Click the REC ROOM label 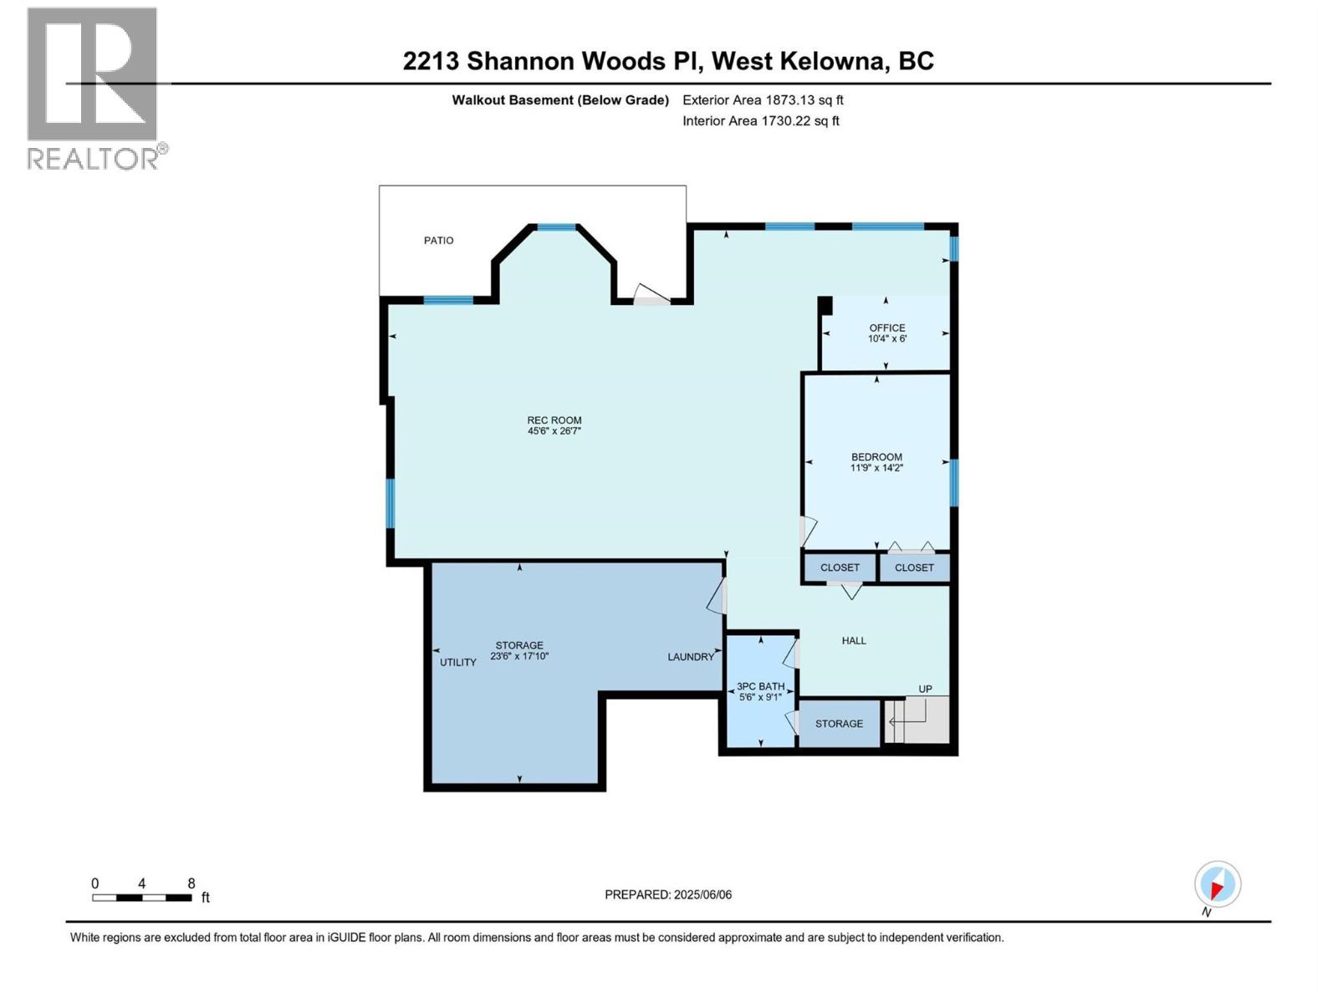click(554, 420)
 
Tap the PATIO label click(438, 241)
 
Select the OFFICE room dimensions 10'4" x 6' click(886, 339)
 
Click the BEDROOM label click(876, 457)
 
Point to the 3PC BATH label click(760, 686)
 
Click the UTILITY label click(457, 662)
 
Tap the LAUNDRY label click(691, 657)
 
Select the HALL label click(854, 641)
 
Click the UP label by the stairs click(925, 690)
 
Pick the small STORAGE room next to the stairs click(839, 724)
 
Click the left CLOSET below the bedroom click(840, 568)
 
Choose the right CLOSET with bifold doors click(914, 568)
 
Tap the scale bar click(142, 898)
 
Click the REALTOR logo click(94, 88)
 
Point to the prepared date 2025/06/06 click(702, 894)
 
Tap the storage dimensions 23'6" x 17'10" click(519, 656)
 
